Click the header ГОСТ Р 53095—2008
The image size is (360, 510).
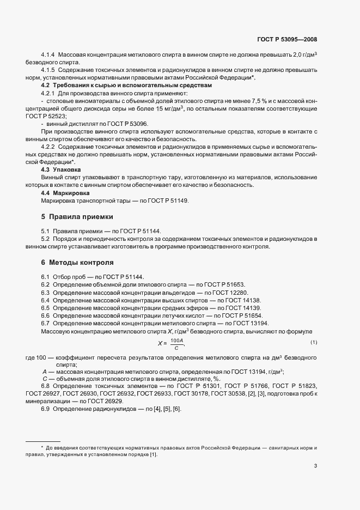(x=286, y=39)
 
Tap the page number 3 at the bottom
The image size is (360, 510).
(x=315, y=466)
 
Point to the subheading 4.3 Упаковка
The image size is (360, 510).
(x=61, y=170)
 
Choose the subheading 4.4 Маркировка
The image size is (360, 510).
(x=65, y=193)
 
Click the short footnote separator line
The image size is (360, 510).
(x=43, y=441)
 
